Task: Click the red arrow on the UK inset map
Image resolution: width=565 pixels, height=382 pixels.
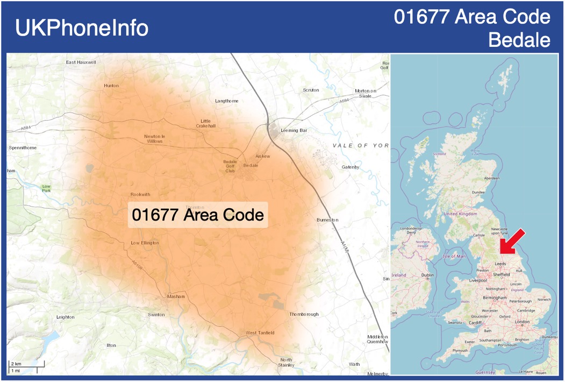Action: click(x=511, y=240)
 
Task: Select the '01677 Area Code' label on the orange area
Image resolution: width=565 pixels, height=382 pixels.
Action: click(x=198, y=215)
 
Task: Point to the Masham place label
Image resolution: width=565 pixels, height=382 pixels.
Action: click(x=176, y=296)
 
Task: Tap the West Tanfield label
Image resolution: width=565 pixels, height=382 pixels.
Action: click(x=260, y=333)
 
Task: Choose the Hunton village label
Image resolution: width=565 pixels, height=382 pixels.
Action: click(x=111, y=86)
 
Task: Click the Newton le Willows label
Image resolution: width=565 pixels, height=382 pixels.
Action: click(x=155, y=139)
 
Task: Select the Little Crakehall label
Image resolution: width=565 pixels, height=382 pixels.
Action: click(x=206, y=123)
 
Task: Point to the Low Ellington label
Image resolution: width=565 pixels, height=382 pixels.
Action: click(x=145, y=243)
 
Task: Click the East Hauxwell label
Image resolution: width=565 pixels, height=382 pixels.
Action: click(x=81, y=62)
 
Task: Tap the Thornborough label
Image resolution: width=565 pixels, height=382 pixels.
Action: click(x=304, y=314)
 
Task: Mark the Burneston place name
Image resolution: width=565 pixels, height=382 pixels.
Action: click(x=327, y=220)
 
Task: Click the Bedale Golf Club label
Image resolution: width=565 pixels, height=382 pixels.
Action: click(x=230, y=166)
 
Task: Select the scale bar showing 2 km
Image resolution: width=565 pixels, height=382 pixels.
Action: click(x=26, y=367)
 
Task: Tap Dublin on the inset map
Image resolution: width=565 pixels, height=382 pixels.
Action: click(x=428, y=275)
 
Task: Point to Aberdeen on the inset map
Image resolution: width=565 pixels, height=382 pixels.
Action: click(x=491, y=178)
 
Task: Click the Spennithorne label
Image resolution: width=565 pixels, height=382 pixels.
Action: click(x=23, y=147)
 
